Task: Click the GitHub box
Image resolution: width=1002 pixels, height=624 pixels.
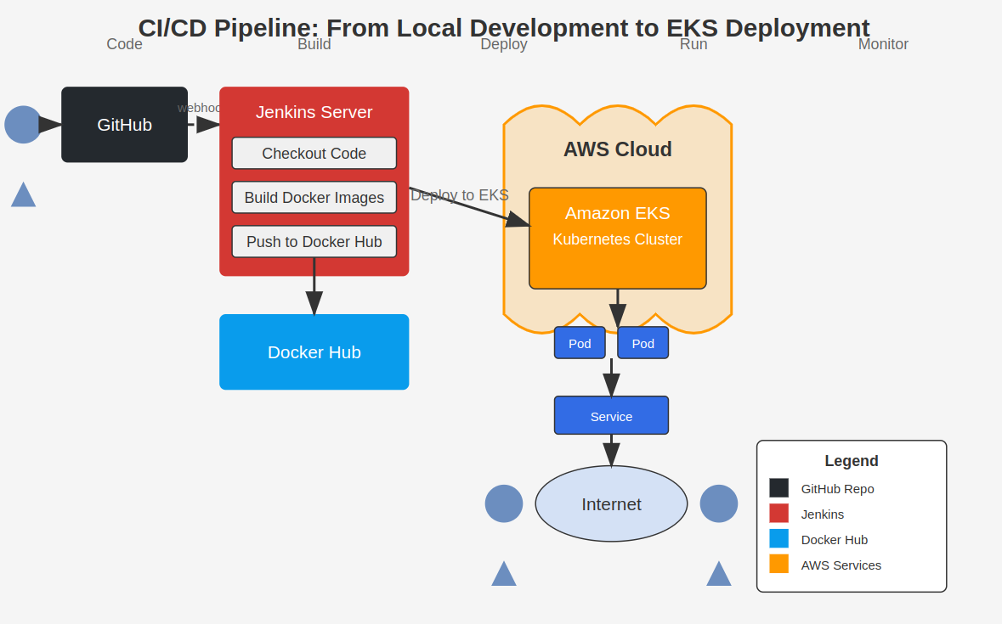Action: pos(124,125)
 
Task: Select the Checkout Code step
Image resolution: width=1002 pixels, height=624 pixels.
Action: pos(314,154)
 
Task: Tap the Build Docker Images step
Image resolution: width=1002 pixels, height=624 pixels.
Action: pos(314,198)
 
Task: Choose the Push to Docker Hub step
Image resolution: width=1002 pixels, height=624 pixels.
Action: pos(314,242)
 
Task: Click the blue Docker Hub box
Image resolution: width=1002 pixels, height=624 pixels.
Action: pos(314,352)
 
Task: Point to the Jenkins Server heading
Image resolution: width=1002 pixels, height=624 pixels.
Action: pos(314,112)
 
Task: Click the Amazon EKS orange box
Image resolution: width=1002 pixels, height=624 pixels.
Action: pos(618,246)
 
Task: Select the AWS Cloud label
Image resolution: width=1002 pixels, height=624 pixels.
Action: pos(618,149)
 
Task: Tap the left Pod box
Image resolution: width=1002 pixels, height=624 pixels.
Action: pos(580,343)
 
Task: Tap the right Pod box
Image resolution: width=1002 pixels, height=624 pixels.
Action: pos(643,343)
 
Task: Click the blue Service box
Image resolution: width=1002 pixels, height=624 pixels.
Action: pos(611,416)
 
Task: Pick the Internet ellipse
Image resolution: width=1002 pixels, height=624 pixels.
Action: pos(611,504)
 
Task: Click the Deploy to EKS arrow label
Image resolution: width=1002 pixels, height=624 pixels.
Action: pos(460,195)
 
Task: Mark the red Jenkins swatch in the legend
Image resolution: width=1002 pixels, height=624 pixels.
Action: pos(778,514)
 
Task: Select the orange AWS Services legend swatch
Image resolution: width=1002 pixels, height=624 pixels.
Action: pos(778,565)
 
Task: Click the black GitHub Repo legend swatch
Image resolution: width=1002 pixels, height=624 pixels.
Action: pos(778,488)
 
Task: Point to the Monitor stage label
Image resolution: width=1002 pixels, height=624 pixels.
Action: pos(883,44)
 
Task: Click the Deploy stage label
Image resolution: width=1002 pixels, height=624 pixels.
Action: pos(504,44)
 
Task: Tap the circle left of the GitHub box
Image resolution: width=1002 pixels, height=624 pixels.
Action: pos(23,125)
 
